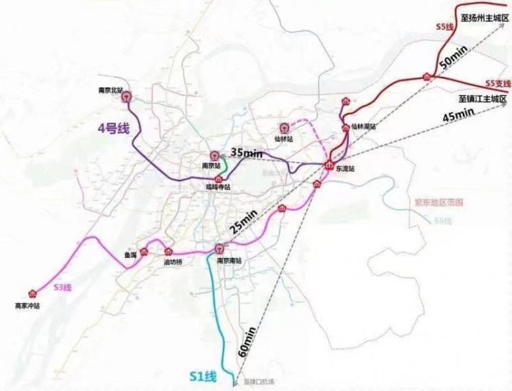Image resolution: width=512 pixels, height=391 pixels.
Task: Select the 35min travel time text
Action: [246, 153]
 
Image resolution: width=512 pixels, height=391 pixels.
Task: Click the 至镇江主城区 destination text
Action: [483, 99]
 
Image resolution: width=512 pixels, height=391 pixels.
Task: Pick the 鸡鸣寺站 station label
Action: [219, 187]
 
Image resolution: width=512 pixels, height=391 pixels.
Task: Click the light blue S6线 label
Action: [443, 220]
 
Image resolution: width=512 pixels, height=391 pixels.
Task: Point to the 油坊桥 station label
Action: [172, 262]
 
